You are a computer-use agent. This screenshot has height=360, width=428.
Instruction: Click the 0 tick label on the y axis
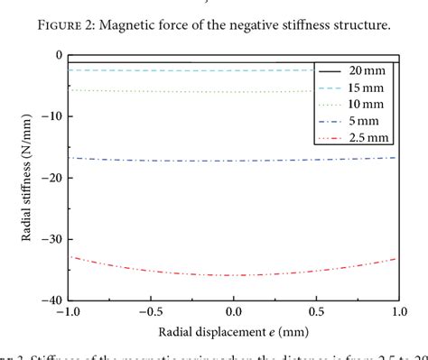click(57, 55)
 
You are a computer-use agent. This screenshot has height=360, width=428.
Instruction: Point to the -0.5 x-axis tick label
click(150, 311)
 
